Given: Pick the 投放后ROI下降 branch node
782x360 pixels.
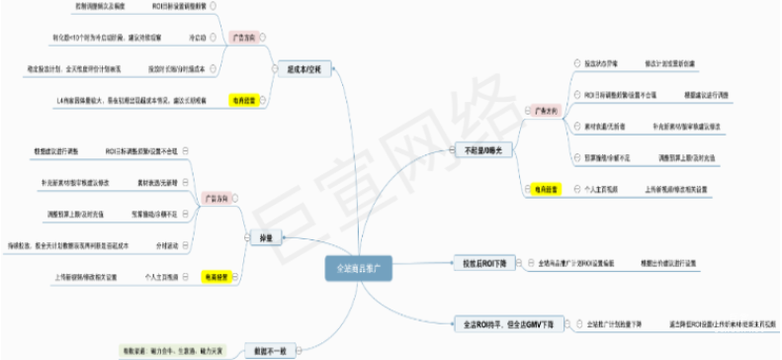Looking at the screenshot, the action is (483, 264).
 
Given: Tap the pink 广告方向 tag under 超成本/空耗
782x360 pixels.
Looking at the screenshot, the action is (243, 37).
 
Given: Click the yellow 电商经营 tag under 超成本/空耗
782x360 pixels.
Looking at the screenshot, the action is (243, 101).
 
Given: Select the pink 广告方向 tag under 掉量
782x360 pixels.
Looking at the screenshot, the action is (217, 198).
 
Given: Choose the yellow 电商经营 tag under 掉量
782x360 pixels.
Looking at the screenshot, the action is (217, 277).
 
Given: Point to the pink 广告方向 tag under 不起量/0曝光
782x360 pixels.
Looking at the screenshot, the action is (541, 111).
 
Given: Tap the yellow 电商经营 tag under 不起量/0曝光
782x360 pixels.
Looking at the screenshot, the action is (541, 187).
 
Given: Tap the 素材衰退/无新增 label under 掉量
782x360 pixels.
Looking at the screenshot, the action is (156, 184).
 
